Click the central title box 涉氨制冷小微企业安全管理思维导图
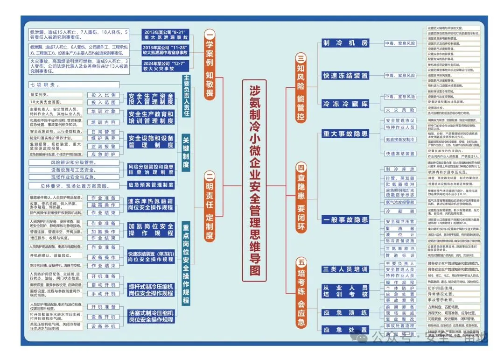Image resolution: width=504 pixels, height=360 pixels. tap(254, 181)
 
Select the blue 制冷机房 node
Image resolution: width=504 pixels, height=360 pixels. tap(345, 43)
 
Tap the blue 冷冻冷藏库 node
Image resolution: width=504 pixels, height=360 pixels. tap(345, 104)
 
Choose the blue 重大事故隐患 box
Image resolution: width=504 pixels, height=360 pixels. tap(345, 134)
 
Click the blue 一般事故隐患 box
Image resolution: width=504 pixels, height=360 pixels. tap(345, 219)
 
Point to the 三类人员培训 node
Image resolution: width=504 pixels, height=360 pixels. tap(345, 269)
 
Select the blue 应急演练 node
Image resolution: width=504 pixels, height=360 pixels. tap(345, 313)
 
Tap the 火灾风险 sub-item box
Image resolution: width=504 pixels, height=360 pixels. tap(400, 110)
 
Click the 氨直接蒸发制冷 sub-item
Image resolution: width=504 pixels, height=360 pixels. tap(400, 140)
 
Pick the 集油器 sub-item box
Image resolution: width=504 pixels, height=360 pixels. tap(400, 229)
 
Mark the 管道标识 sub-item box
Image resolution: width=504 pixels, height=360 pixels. tap(400, 255)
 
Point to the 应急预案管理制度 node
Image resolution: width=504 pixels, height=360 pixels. tap(151, 185)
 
